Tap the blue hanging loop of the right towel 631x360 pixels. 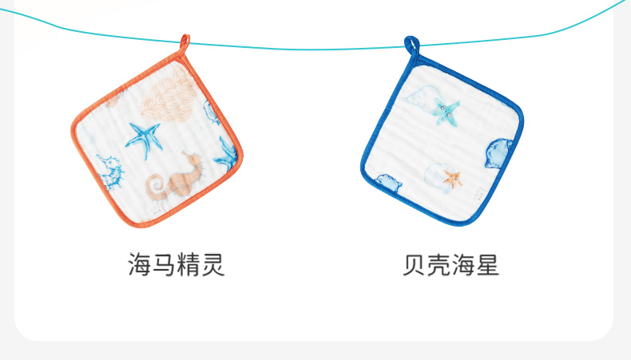coord(411,46)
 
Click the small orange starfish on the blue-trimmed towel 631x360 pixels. coord(454,178)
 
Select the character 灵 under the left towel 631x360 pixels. coord(213,264)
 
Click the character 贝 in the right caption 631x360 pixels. coord(415,265)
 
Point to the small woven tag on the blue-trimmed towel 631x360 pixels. coord(476,192)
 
